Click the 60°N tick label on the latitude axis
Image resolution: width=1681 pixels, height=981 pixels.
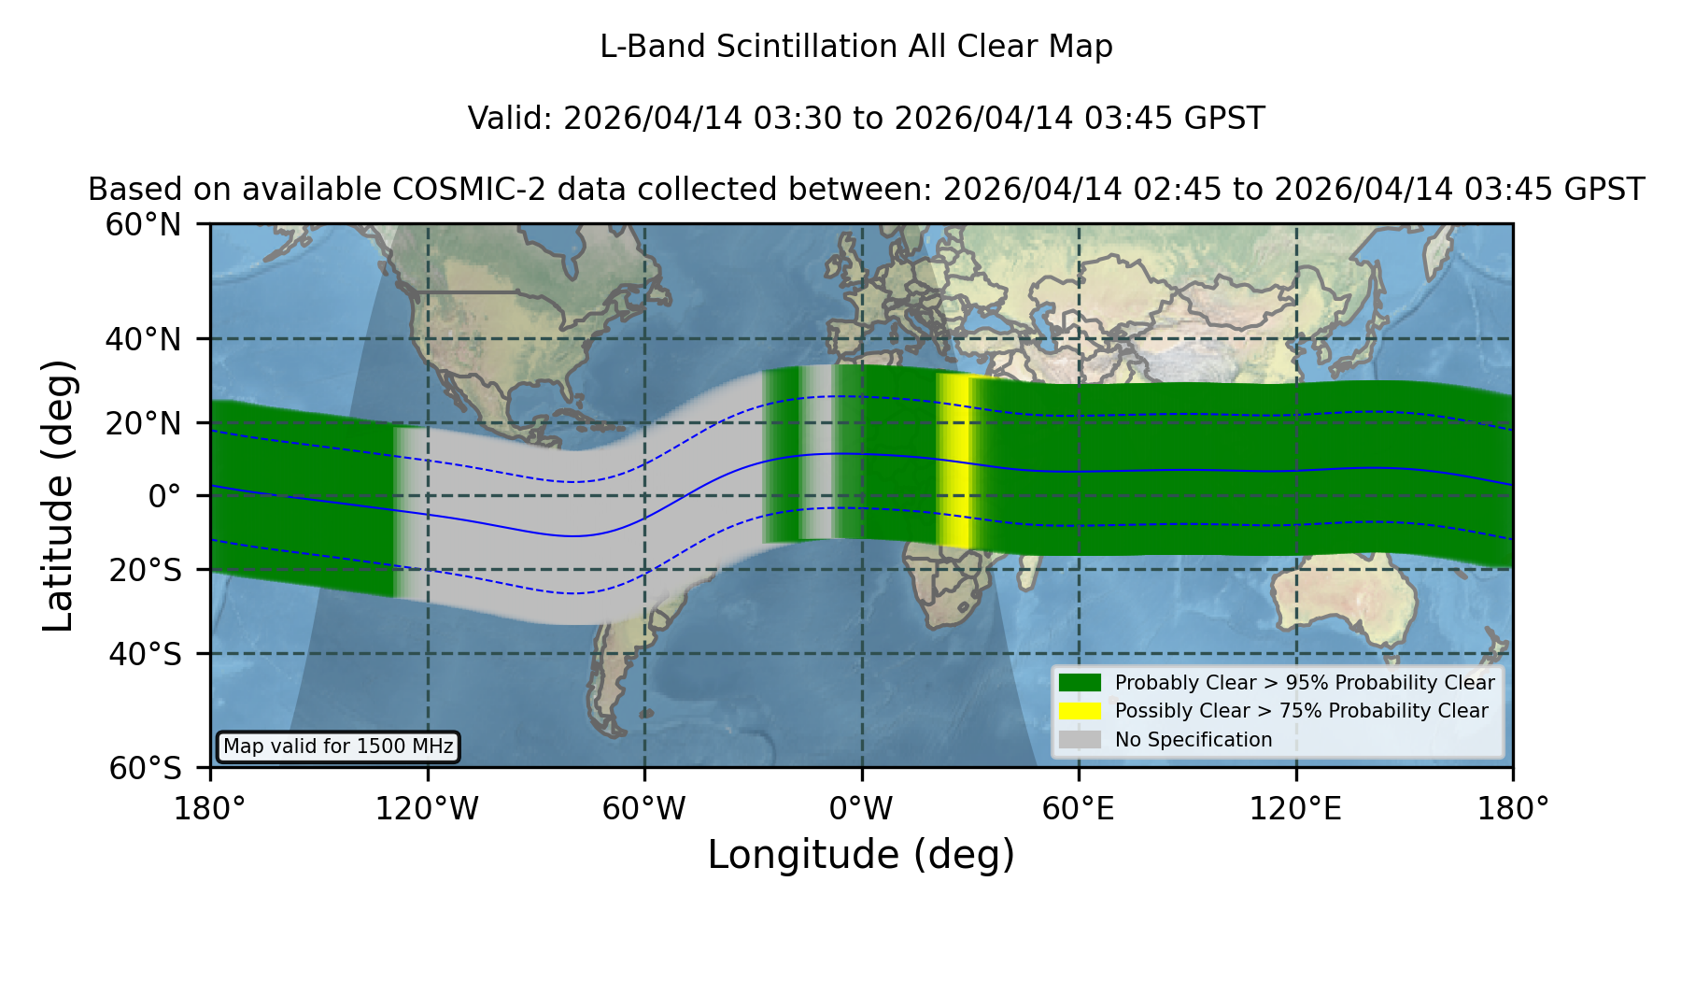[x=144, y=225]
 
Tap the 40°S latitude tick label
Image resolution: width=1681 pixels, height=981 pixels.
[x=146, y=654]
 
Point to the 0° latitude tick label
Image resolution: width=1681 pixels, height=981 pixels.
[x=165, y=496]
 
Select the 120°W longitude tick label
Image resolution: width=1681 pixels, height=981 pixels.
[x=427, y=809]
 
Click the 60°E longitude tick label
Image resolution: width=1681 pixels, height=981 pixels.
[x=1079, y=809]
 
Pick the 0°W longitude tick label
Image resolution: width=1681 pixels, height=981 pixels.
[x=861, y=809]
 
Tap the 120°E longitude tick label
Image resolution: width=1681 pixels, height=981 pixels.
[x=1295, y=809]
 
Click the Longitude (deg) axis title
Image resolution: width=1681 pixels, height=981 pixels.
[x=861, y=855]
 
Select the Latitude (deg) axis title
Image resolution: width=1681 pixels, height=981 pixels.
[x=59, y=496]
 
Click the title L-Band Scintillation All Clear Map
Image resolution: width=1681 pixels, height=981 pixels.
[x=856, y=47]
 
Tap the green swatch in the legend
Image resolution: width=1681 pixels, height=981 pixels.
[x=1080, y=682]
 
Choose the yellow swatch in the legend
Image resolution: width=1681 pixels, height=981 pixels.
[x=1080, y=711]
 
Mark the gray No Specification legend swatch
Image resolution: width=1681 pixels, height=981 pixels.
[x=1080, y=740]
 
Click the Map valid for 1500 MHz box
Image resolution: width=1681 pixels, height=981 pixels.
[x=338, y=746]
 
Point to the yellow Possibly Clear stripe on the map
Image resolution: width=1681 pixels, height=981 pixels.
[x=954, y=461]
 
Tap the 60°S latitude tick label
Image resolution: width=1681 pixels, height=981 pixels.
[x=146, y=769]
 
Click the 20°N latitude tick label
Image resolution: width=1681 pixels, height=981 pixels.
[x=144, y=423]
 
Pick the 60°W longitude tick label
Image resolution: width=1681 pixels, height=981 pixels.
[x=644, y=809]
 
